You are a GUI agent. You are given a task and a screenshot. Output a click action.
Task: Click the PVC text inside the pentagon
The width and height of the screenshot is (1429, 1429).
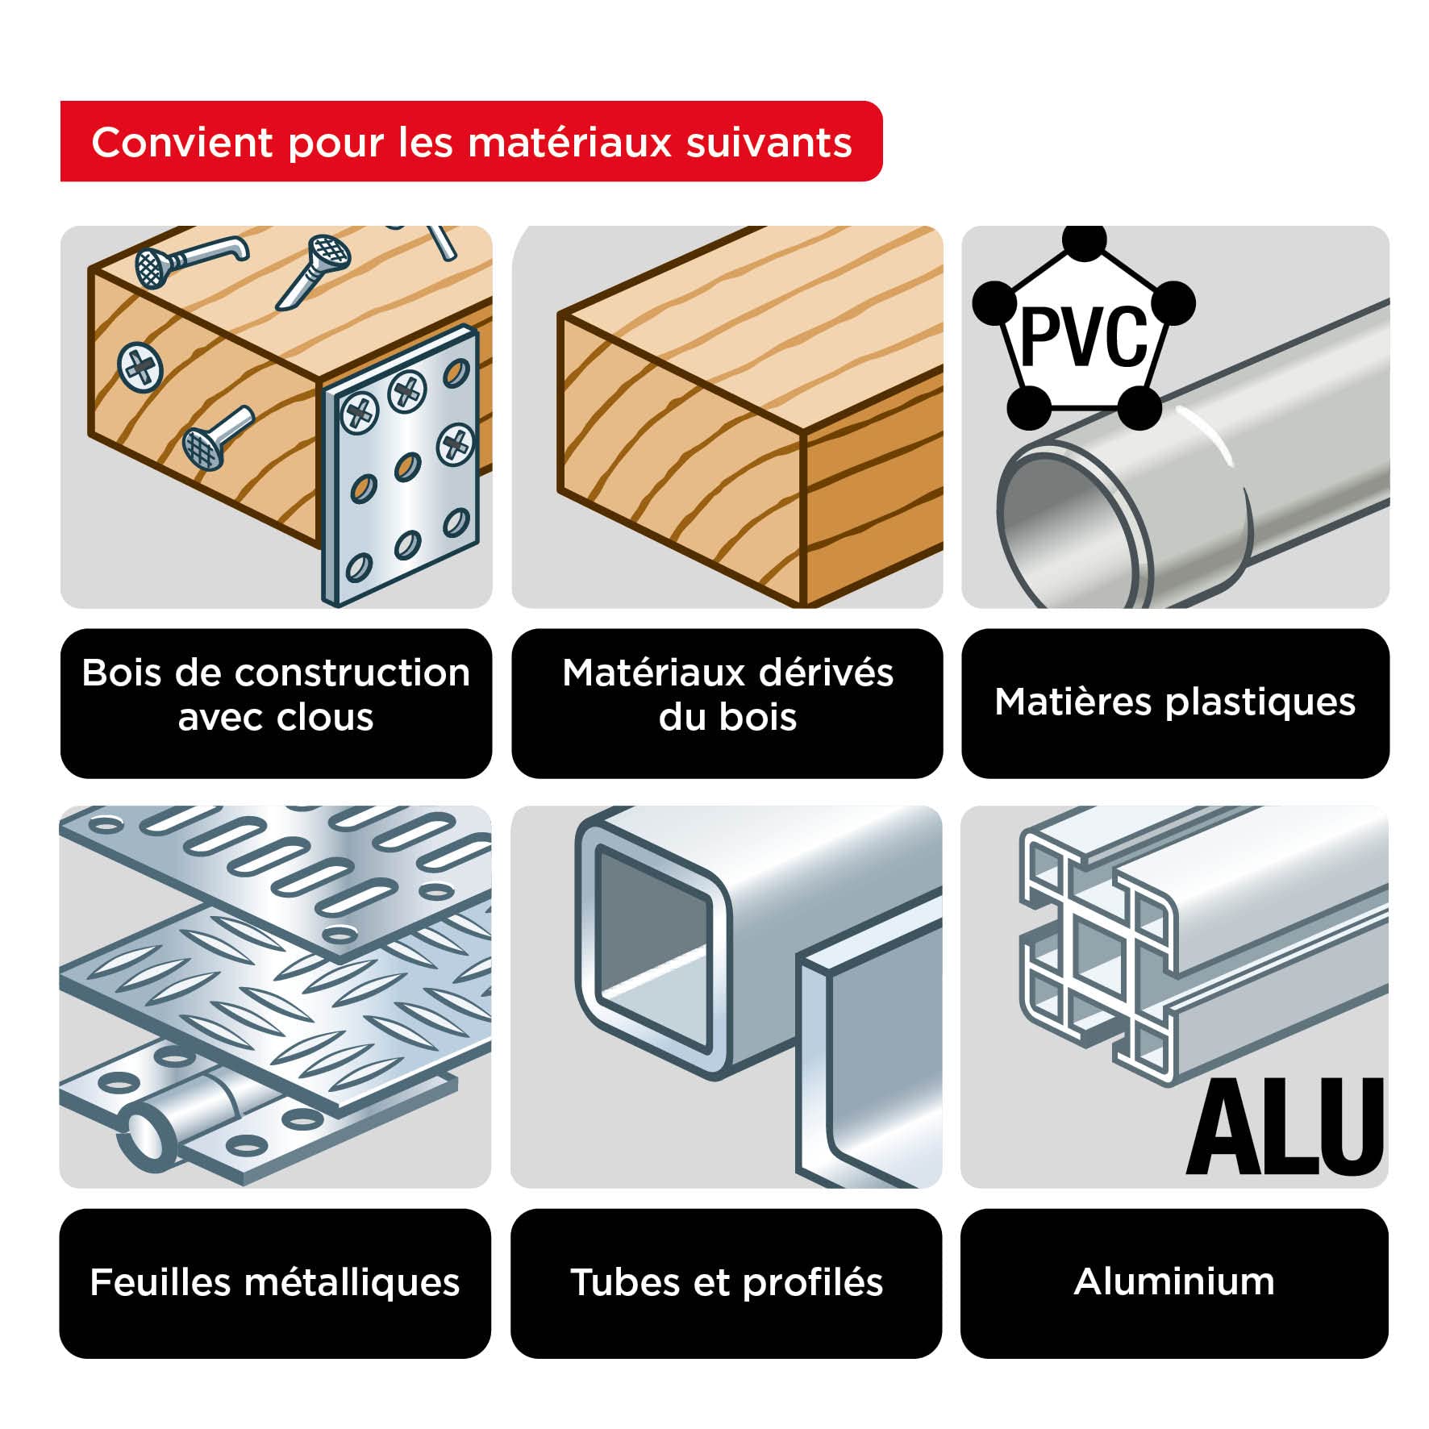click(x=1083, y=337)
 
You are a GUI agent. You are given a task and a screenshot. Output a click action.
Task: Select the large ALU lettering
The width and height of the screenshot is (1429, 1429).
click(x=1284, y=1127)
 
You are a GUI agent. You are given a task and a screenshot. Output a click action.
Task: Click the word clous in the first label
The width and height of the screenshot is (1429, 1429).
click(x=330, y=717)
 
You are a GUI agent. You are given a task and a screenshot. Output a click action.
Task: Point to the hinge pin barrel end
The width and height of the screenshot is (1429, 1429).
click(x=144, y=1133)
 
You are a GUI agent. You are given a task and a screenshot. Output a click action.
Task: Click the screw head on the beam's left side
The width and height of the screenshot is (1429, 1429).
click(x=140, y=367)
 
